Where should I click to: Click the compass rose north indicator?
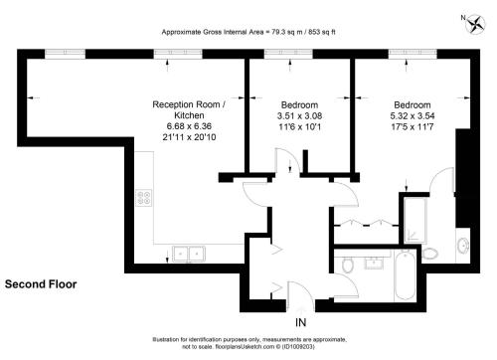point(476,24)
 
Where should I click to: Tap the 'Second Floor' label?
point(41,284)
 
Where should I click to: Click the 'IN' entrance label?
point(300,322)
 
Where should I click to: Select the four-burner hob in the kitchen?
point(144,198)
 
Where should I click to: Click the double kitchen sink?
point(189,254)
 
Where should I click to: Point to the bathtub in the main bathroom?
point(405,275)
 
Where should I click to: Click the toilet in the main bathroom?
point(347,265)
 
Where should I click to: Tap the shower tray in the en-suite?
point(415,221)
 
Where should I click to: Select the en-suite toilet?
point(430,255)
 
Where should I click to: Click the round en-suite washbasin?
point(463,246)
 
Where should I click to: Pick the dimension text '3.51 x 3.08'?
point(299,116)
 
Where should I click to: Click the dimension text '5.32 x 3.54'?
point(413,116)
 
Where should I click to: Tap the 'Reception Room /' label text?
point(189,104)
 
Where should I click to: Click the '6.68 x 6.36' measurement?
point(189,126)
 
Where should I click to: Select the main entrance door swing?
point(301,294)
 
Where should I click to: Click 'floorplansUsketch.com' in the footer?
point(244,347)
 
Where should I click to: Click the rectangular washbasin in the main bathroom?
point(374,263)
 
